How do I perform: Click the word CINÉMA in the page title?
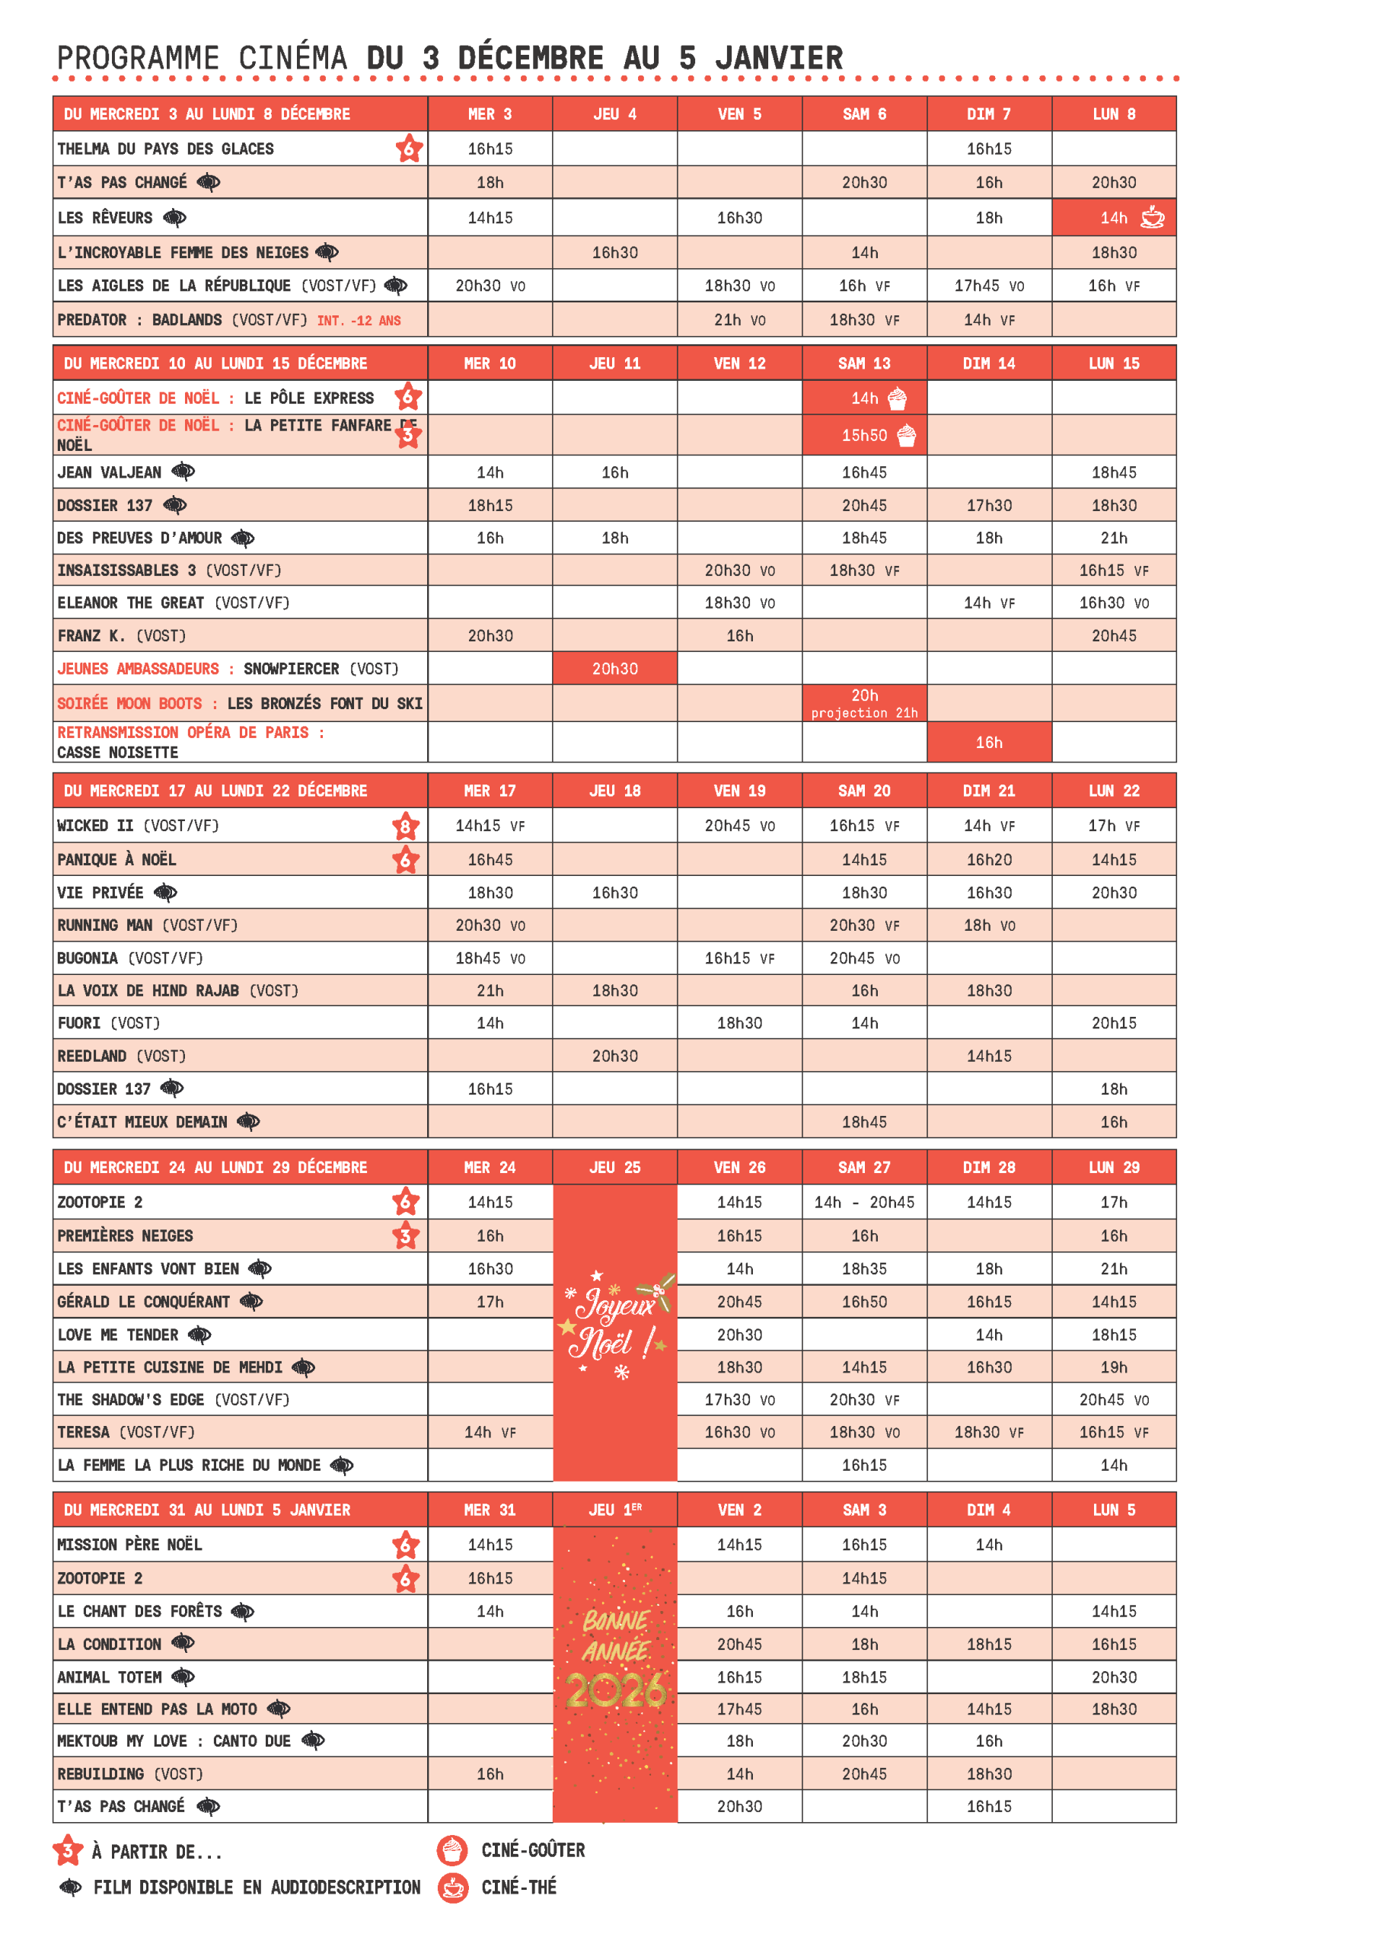[x=292, y=58]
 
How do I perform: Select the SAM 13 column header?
[x=863, y=363]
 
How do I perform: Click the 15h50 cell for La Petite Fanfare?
[x=864, y=436]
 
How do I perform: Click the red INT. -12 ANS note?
[x=359, y=321]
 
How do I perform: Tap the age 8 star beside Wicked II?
[x=405, y=826]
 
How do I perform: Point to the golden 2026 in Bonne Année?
[x=616, y=1691]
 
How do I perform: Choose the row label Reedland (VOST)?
[x=121, y=1057]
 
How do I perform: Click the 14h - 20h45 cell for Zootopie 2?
[x=863, y=1203]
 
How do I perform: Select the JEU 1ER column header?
[x=614, y=1510]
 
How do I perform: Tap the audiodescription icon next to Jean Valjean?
[x=183, y=472]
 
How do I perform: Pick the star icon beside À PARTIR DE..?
[x=68, y=1851]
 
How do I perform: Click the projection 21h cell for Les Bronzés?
[x=863, y=704]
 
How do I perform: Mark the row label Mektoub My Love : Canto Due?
[x=174, y=1742]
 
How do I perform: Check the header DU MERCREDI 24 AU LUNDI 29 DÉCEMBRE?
[x=215, y=1168]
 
